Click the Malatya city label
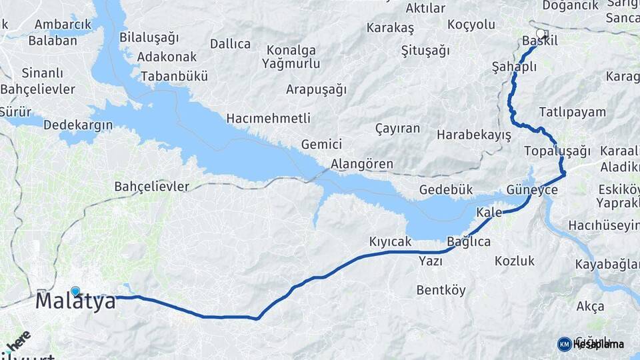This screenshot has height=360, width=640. point(75,301)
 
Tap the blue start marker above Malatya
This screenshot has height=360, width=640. point(75,291)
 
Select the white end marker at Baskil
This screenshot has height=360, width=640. point(541,32)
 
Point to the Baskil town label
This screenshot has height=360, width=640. point(539,41)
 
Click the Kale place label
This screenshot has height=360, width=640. point(489,213)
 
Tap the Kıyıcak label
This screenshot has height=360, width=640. point(391,242)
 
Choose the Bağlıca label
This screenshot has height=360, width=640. point(469,241)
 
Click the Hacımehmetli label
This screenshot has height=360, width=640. point(269,118)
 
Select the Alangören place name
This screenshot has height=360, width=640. point(362,164)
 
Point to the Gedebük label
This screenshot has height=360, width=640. point(446,190)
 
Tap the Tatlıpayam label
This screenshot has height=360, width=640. point(573,111)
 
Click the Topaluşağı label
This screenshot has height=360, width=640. point(558,150)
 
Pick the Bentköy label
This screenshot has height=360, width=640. point(441,290)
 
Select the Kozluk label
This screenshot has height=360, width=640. point(515,261)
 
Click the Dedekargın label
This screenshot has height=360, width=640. point(79,125)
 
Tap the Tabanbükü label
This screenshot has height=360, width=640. point(174,76)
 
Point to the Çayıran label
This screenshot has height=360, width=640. point(397,128)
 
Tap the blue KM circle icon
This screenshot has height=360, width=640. point(565,344)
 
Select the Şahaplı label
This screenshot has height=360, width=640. point(514,67)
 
